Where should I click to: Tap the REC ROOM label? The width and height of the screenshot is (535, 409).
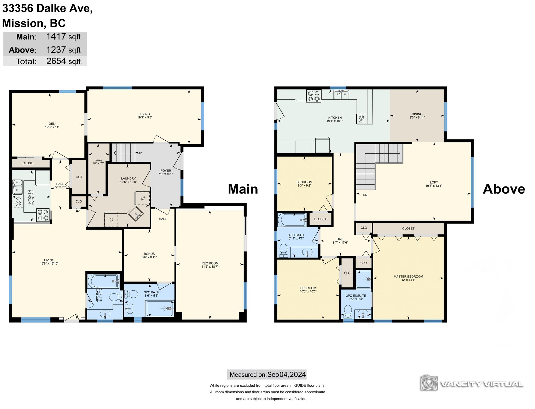click(x=210, y=263)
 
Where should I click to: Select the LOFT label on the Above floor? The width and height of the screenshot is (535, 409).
click(x=434, y=182)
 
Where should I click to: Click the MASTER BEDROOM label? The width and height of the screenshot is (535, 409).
click(x=408, y=276)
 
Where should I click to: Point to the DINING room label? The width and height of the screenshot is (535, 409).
click(x=417, y=114)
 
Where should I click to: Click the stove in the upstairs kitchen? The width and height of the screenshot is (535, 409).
click(x=314, y=96)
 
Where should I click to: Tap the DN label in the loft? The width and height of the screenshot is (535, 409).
click(x=365, y=195)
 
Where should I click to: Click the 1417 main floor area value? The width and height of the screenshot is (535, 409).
click(x=56, y=36)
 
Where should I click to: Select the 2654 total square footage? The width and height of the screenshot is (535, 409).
click(x=56, y=61)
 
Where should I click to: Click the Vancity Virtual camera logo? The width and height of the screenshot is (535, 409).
click(x=429, y=383)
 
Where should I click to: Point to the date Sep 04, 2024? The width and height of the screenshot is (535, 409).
click(x=287, y=375)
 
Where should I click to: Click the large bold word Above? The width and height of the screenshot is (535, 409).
click(x=504, y=189)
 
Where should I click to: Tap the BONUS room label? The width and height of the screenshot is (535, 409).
click(x=149, y=254)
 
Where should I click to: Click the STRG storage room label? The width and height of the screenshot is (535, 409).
click(x=98, y=160)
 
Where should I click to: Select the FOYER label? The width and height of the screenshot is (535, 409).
click(x=166, y=171)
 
